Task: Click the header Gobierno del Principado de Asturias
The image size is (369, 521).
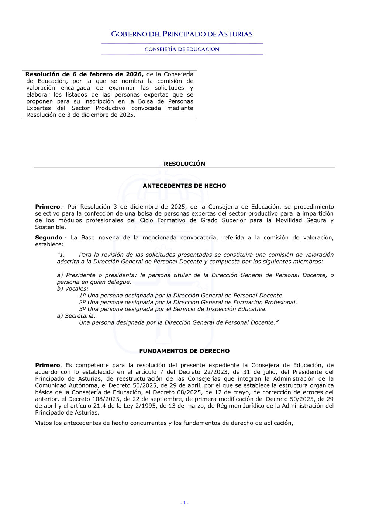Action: point(182,34)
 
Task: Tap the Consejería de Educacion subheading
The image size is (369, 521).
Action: point(182,49)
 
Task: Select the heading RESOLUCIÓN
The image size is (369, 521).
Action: point(184,164)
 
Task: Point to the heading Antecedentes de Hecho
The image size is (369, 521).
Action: point(184,186)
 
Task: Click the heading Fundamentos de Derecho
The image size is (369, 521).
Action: point(184,351)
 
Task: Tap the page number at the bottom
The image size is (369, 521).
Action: point(184,503)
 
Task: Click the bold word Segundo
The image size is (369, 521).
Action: point(49,238)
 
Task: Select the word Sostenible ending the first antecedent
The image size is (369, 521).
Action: point(50,227)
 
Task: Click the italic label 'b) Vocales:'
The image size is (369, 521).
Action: point(73,289)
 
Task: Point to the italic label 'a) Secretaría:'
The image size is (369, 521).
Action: point(76,316)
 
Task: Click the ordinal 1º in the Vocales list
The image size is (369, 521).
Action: point(82,296)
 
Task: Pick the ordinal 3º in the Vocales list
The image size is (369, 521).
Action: point(82,309)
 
